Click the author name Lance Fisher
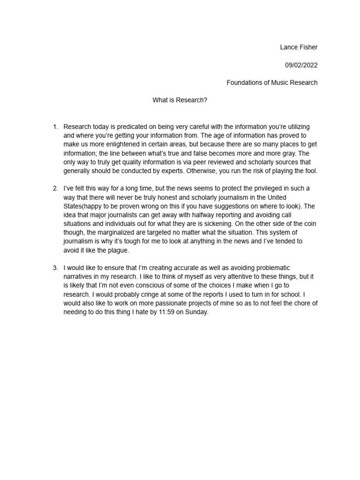coord(299,47)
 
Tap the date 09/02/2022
coord(301,65)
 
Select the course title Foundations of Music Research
coord(272,82)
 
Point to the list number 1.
coord(55,127)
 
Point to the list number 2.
coord(55,188)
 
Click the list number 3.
coord(55,268)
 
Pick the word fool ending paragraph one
coord(310,171)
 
